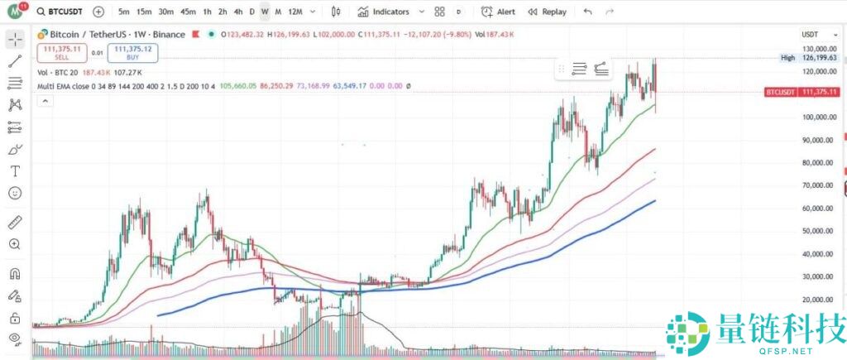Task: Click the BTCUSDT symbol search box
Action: [61, 12]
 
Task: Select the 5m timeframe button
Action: [123, 12]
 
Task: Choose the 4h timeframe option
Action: [238, 12]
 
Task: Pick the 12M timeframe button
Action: [295, 12]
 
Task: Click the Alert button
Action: [499, 12]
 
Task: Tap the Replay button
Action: [548, 12]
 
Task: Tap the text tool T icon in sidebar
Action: [14, 170]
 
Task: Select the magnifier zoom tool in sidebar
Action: [14, 244]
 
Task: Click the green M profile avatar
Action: [14, 12]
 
